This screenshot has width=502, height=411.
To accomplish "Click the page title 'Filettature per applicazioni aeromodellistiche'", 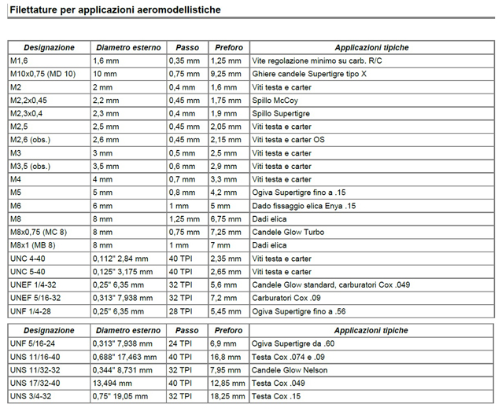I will (115, 10).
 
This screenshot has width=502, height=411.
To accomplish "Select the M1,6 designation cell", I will (19, 61).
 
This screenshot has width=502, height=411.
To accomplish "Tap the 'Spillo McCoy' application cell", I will (275, 101).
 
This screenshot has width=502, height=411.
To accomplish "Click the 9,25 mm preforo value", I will (227, 74).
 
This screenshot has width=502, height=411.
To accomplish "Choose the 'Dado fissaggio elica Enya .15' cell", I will (304, 206).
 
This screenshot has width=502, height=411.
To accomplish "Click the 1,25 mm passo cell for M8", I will (184, 219).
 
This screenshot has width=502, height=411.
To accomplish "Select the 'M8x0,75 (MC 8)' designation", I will (39, 233).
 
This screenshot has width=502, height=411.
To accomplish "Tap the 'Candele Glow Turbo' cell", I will (287, 233).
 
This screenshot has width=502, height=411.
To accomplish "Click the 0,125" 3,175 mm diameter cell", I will (121, 272).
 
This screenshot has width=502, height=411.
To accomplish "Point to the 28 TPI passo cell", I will (181, 312).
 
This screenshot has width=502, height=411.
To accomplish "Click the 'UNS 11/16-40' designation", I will (35, 356).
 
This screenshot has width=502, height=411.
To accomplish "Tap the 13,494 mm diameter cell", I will (111, 383).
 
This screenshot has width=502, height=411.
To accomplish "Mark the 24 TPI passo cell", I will (181, 343).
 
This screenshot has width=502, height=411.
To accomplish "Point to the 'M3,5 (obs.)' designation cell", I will (31, 167).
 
